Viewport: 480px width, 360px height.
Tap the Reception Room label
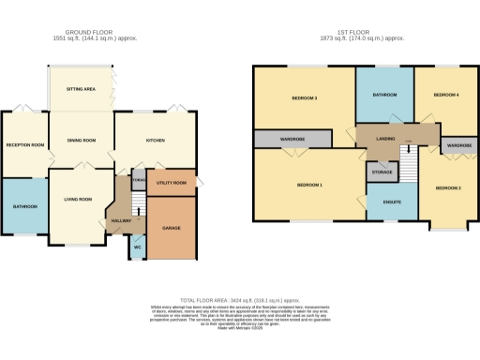click(x=24, y=145)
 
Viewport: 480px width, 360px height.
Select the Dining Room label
click(x=82, y=141)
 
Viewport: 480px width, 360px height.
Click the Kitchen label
click(x=156, y=141)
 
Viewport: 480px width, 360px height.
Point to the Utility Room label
click(x=172, y=183)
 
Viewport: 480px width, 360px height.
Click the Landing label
click(x=384, y=139)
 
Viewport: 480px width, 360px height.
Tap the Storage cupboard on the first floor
click(x=381, y=172)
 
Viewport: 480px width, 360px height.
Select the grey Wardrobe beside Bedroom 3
click(x=292, y=139)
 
